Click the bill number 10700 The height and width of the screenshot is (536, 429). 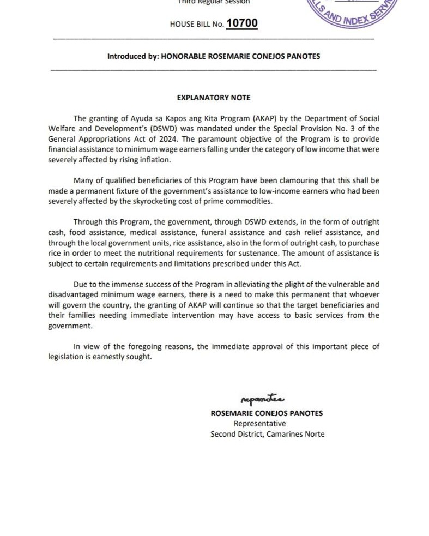click(x=241, y=23)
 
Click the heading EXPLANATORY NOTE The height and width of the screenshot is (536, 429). click(x=214, y=98)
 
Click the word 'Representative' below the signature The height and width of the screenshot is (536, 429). click(x=259, y=424)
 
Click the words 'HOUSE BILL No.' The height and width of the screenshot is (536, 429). click(x=196, y=25)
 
